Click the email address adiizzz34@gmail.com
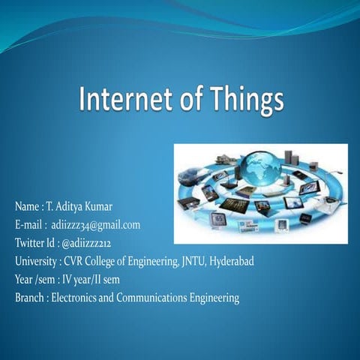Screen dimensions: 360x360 coord(95,224)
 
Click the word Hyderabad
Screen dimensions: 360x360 coord(231,261)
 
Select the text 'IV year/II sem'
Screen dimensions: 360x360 coord(88,280)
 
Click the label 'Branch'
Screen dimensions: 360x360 coord(29,298)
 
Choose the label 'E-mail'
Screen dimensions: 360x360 coord(28,224)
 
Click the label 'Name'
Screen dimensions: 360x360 coord(26,206)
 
